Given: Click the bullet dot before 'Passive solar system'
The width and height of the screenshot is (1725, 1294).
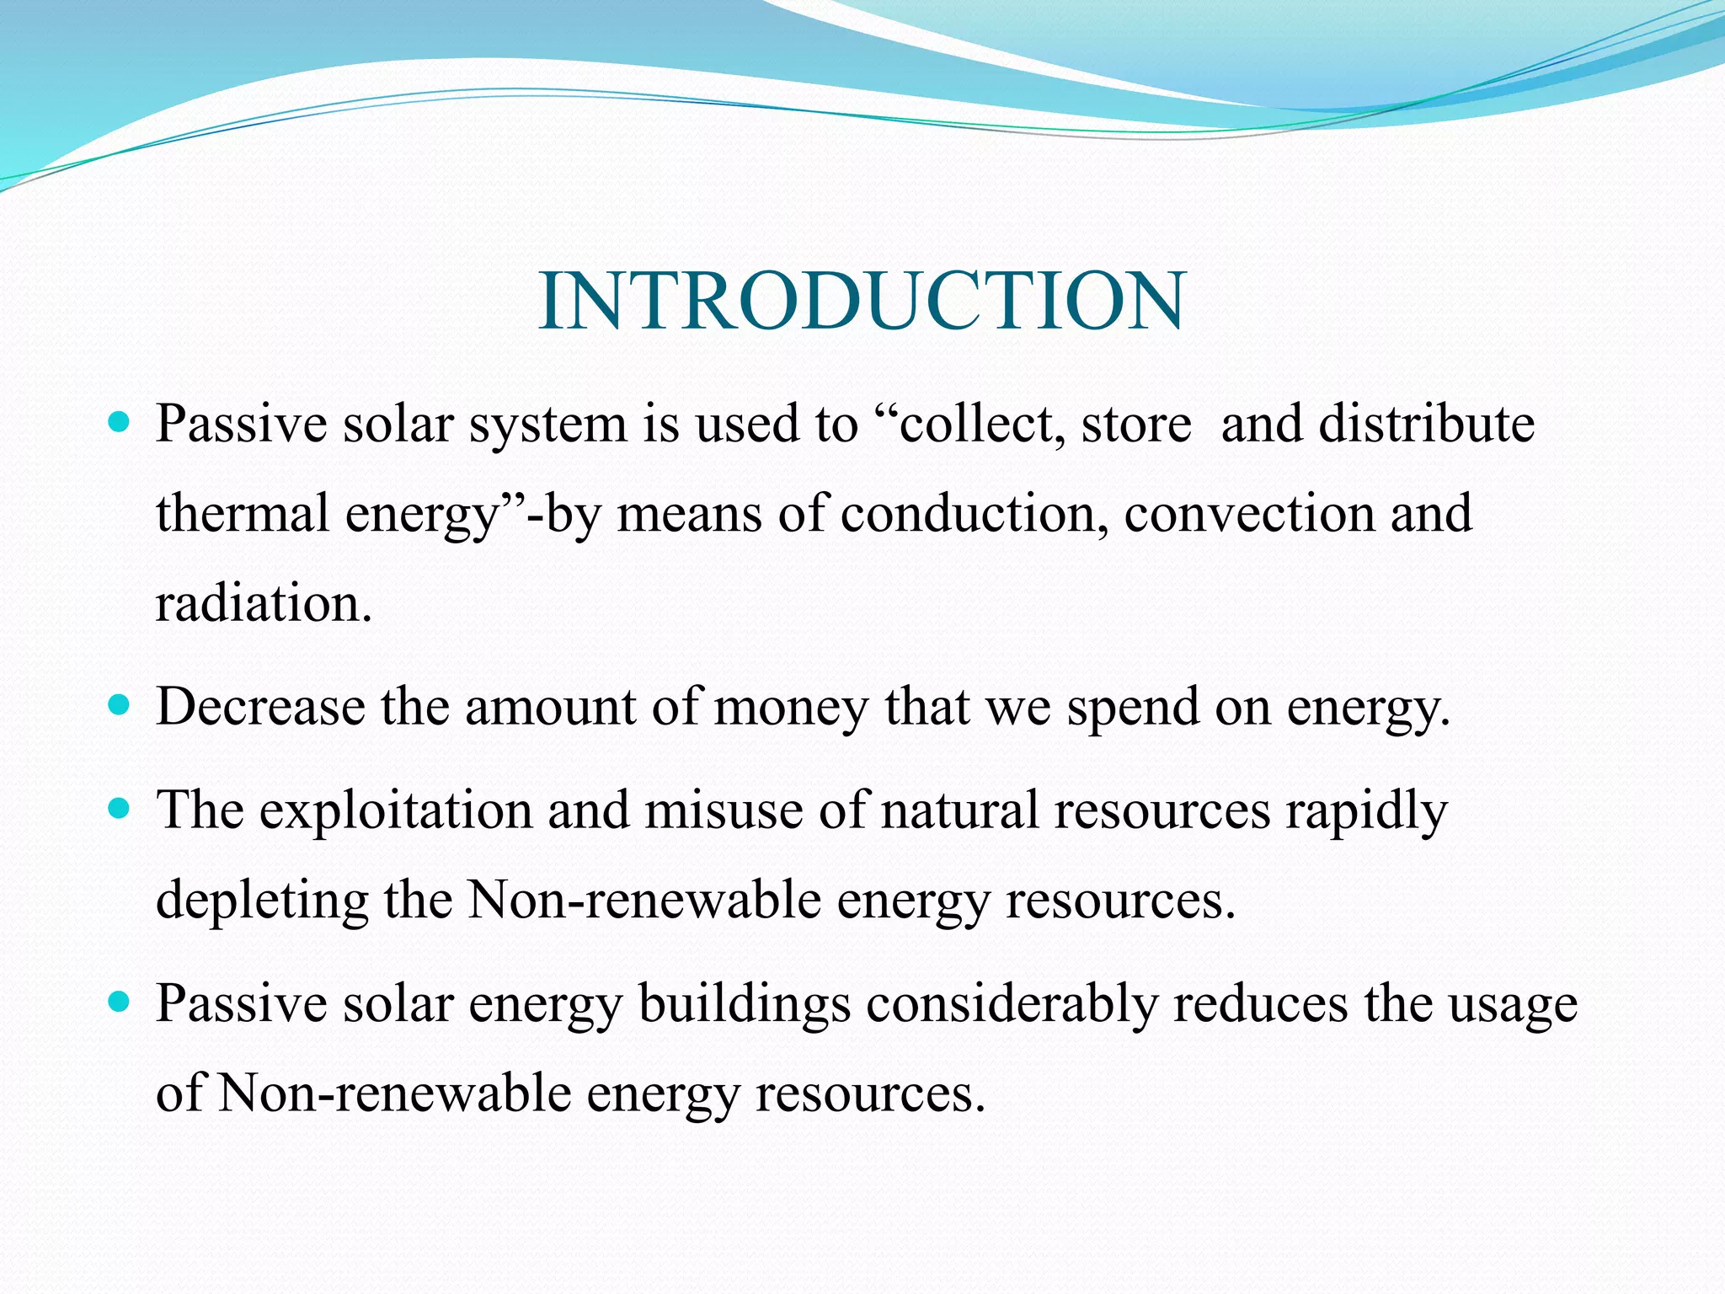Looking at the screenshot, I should click(x=120, y=420).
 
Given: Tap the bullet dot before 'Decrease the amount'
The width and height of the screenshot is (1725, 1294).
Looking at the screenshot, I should click(x=120, y=703).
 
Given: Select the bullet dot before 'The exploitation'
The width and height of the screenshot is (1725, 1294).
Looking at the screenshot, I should click(x=120, y=809).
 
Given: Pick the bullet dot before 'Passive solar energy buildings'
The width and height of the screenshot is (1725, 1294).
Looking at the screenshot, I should click(x=120, y=1002).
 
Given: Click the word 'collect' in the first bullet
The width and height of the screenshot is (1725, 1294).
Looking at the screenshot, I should click(x=977, y=423).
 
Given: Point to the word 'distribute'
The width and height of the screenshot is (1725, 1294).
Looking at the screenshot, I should click(x=1426, y=423).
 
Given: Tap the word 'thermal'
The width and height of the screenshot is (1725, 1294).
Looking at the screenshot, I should click(x=242, y=513).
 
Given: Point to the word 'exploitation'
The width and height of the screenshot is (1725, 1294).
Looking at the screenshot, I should click(x=395, y=810).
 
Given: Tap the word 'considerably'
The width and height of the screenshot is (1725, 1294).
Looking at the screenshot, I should click(x=1012, y=1005).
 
